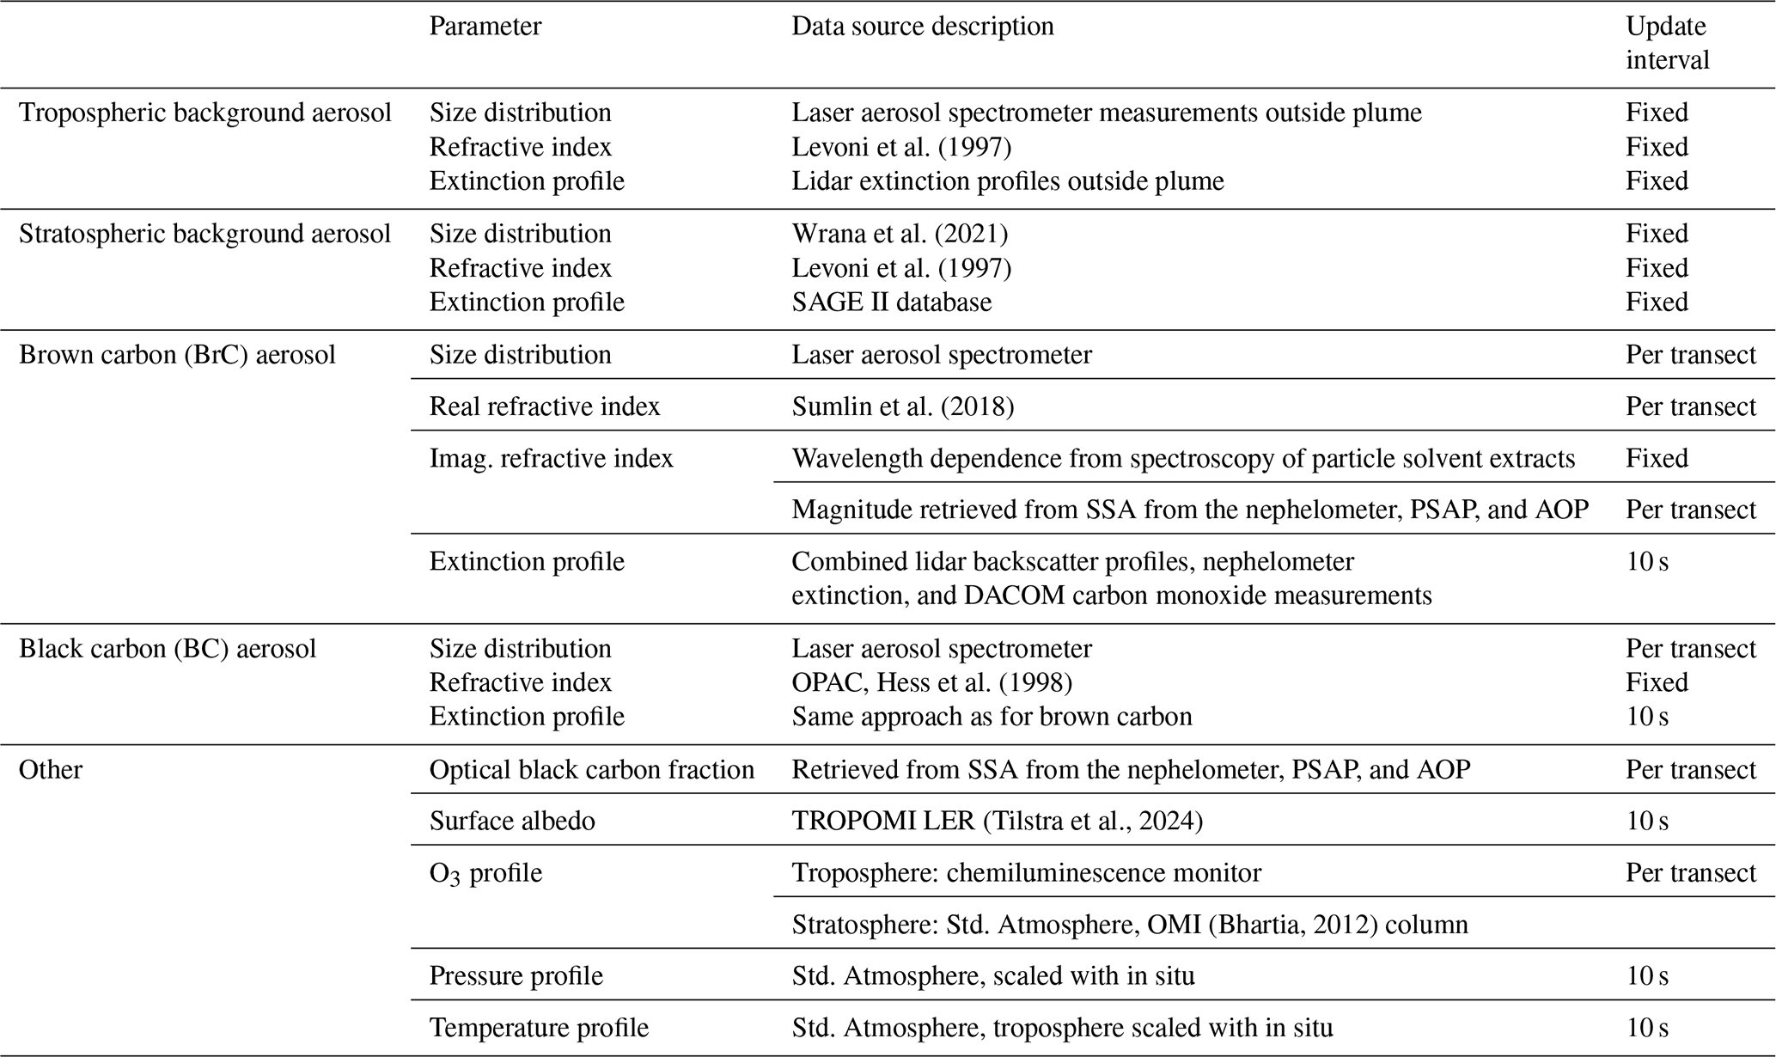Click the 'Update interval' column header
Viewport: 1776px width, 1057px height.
click(1666, 43)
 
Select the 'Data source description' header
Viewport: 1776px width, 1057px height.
click(922, 27)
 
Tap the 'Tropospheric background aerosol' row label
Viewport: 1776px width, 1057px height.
click(204, 113)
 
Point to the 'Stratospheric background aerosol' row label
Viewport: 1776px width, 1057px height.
click(204, 234)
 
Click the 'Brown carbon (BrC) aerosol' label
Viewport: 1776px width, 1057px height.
click(177, 355)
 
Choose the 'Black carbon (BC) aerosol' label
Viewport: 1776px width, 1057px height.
click(168, 648)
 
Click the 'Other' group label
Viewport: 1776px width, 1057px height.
click(51, 769)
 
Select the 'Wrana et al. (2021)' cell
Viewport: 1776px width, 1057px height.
click(900, 234)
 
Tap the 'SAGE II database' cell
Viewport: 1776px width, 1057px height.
click(891, 302)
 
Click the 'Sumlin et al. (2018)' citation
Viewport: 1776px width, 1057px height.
click(902, 406)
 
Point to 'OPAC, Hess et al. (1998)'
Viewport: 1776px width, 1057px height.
click(931, 682)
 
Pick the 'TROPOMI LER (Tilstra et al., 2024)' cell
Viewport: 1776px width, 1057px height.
click(997, 821)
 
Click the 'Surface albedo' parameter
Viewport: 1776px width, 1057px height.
click(512, 821)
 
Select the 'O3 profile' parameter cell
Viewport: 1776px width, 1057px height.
click(485, 873)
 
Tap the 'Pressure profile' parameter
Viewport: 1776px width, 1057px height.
click(516, 976)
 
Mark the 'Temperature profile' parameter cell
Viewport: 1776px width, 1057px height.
click(539, 1028)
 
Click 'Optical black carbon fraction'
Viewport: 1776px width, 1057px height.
click(591, 769)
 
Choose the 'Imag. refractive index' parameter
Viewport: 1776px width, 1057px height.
click(551, 459)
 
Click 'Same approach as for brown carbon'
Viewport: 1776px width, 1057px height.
click(992, 717)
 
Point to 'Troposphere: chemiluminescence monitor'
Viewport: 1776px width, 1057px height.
click(1026, 873)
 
